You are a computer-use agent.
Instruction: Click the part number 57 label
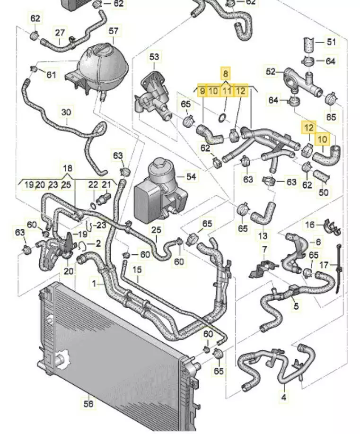coord(114,31)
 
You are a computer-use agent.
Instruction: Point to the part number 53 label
coord(155,57)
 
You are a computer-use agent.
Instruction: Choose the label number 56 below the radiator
coord(88,403)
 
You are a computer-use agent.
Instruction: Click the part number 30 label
coord(66,113)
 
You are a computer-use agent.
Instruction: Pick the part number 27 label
coord(60,33)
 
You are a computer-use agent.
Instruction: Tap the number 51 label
coord(331,42)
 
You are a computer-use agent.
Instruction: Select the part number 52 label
coord(271,72)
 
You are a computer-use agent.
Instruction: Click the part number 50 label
coord(324,192)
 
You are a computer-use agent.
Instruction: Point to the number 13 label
coord(263,235)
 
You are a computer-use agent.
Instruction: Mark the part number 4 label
coord(284,398)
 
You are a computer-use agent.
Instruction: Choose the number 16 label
coord(309,224)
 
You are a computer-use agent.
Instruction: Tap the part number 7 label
coord(264,249)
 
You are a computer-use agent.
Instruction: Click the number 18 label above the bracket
coord(68,168)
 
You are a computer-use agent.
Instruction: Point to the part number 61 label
coord(51,75)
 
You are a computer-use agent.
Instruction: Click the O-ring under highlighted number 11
coord(223,117)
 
